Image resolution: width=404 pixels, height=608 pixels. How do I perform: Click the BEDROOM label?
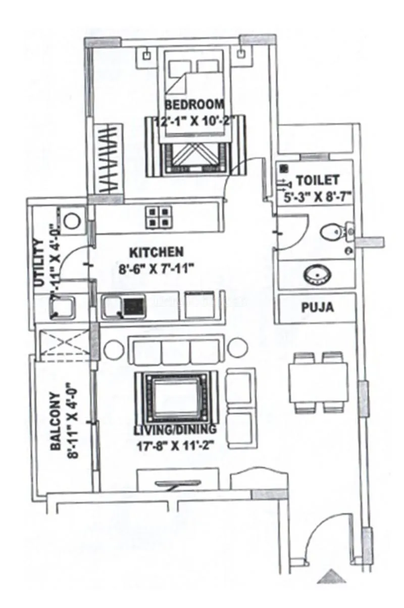[x=194, y=105]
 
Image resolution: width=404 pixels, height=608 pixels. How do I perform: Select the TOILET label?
[x=317, y=179]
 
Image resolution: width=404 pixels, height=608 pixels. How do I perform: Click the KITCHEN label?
[x=156, y=251]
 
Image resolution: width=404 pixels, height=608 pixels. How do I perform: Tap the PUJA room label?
[x=317, y=307]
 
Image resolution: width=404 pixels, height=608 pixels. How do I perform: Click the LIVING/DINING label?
[x=175, y=430]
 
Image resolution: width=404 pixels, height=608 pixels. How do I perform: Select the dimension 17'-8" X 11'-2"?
[x=175, y=446]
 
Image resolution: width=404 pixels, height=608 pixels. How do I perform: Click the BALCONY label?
[x=56, y=422]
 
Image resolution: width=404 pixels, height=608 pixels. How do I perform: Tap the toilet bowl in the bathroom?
[x=333, y=231]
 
